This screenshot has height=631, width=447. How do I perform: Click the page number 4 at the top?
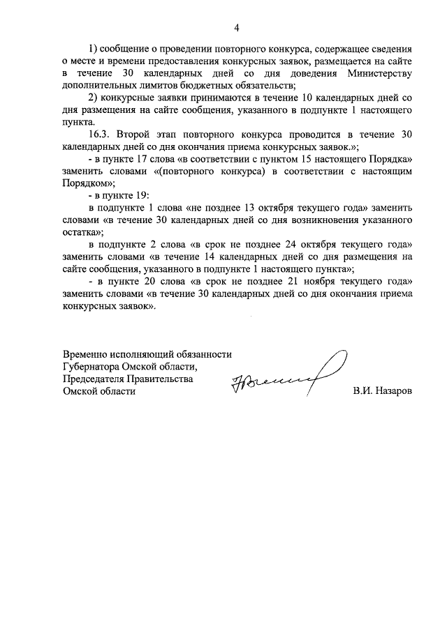(x=237, y=28)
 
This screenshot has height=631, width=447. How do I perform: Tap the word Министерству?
(x=378, y=73)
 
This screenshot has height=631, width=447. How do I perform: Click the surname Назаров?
(x=392, y=391)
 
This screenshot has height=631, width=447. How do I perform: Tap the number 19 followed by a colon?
(x=136, y=197)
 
